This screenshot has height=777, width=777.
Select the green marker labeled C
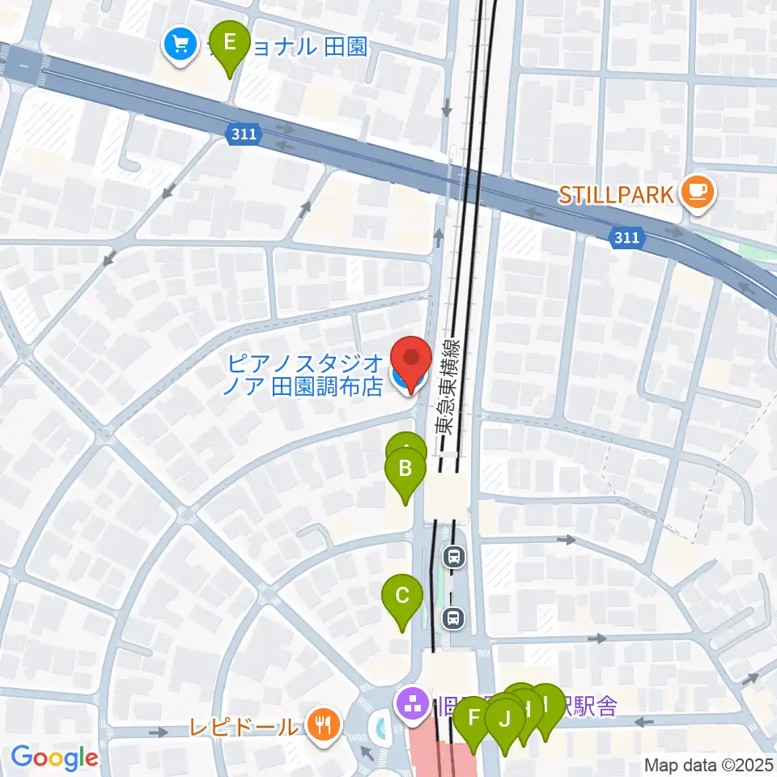402,598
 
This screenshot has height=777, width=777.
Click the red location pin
411,360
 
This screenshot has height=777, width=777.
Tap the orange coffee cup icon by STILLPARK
698,193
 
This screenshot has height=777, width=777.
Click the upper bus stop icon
454,556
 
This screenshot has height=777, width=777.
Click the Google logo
53,758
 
